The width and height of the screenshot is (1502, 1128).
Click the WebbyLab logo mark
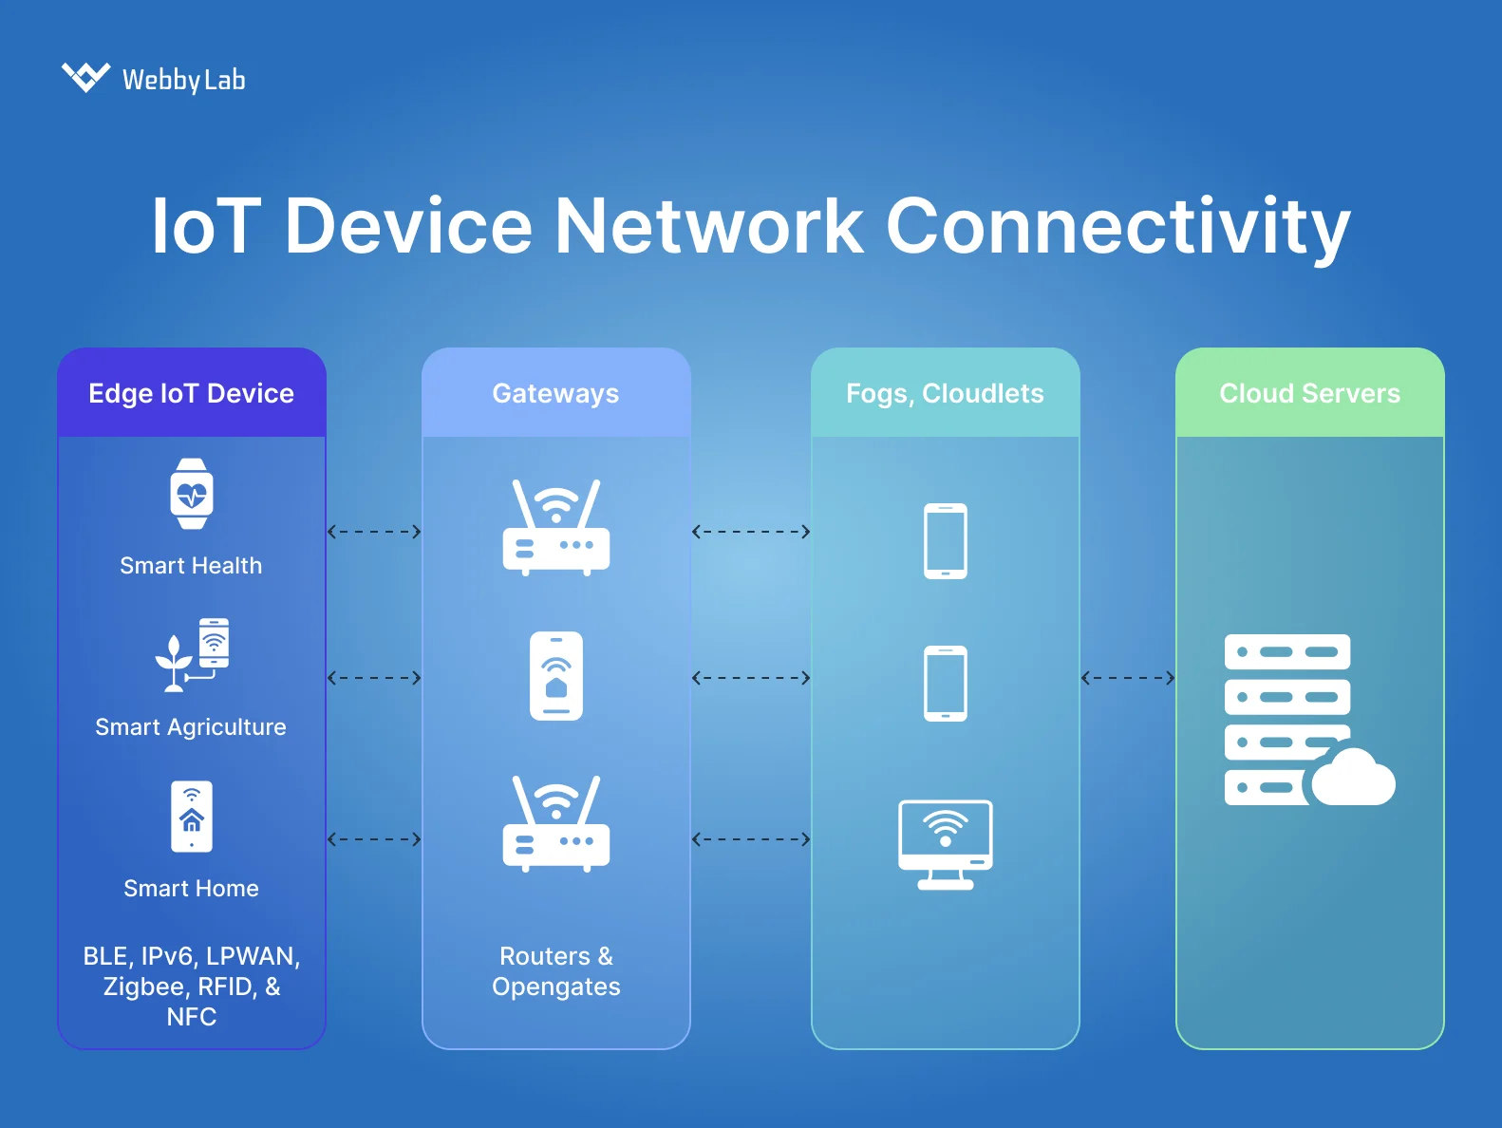pyautogui.click(x=85, y=77)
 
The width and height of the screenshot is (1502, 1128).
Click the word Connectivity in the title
pyautogui.click(x=1117, y=227)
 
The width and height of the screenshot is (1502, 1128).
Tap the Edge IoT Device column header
pyautogui.click(x=191, y=393)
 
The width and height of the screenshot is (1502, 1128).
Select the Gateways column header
pyautogui.click(x=555, y=393)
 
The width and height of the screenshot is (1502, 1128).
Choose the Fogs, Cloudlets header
pyautogui.click(x=945, y=393)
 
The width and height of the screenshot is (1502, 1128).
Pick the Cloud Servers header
pyautogui.click(x=1309, y=393)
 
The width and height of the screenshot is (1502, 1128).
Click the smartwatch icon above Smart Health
pyautogui.click(x=192, y=494)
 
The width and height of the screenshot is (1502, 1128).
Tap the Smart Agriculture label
pyautogui.click(x=191, y=727)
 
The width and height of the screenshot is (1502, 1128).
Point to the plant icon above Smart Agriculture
pyautogui.click(x=175, y=662)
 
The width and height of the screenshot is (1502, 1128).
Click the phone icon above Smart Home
pyautogui.click(x=192, y=817)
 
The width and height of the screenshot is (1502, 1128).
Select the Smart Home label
pyautogui.click(x=191, y=889)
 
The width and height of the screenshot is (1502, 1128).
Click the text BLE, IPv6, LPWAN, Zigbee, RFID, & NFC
pyautogui.click(x=192, y=986)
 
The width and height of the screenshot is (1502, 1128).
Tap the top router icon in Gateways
pyautogui.click(x=556, y=528)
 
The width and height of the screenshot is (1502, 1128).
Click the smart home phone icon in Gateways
pyautogui.click(x=556, y=676)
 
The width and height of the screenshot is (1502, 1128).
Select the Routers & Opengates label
pyautogui.click(x=556, y=970)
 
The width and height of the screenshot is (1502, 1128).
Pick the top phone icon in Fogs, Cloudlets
pyautogui.click(x=946, y=541)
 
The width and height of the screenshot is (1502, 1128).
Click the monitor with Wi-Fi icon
pyautogui.click(x=946, y=843)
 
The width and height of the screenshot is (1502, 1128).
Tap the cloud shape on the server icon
pyautogui.click(x=1352, y=779)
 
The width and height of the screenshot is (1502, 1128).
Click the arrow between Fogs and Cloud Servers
pyautogui.click(x=1128, y=678)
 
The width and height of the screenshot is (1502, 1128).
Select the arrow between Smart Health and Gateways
pyautogui.click(x=374, y=532)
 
